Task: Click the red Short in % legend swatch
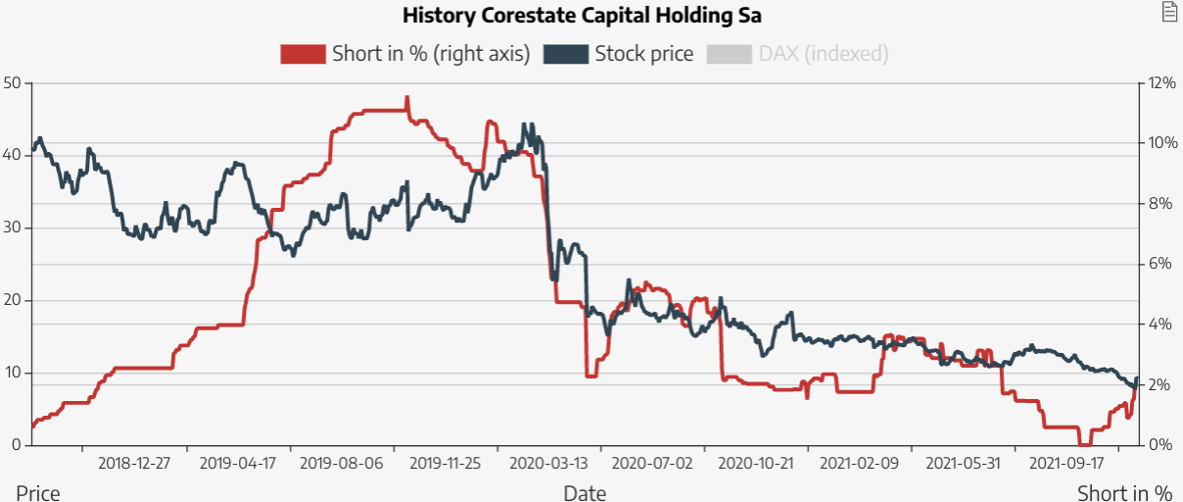click(303, 54)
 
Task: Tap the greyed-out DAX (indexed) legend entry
click(823, 54)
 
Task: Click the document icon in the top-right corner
click(1168, 12)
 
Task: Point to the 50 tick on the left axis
click(13, 82)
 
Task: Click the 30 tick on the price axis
click(13, 227)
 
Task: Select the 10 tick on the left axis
click(13, 373)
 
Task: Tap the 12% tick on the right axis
click(1161, 82)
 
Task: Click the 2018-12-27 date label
click(134, 462)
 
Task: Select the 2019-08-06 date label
click(340, 462)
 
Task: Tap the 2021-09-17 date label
click(1063, 462)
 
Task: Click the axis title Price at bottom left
click(38, 492)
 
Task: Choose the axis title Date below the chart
click(585, 492)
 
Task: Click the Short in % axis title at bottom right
click(1124, 492)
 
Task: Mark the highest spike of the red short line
click(406, 98)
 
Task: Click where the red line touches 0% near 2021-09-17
click(1084, 444)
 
